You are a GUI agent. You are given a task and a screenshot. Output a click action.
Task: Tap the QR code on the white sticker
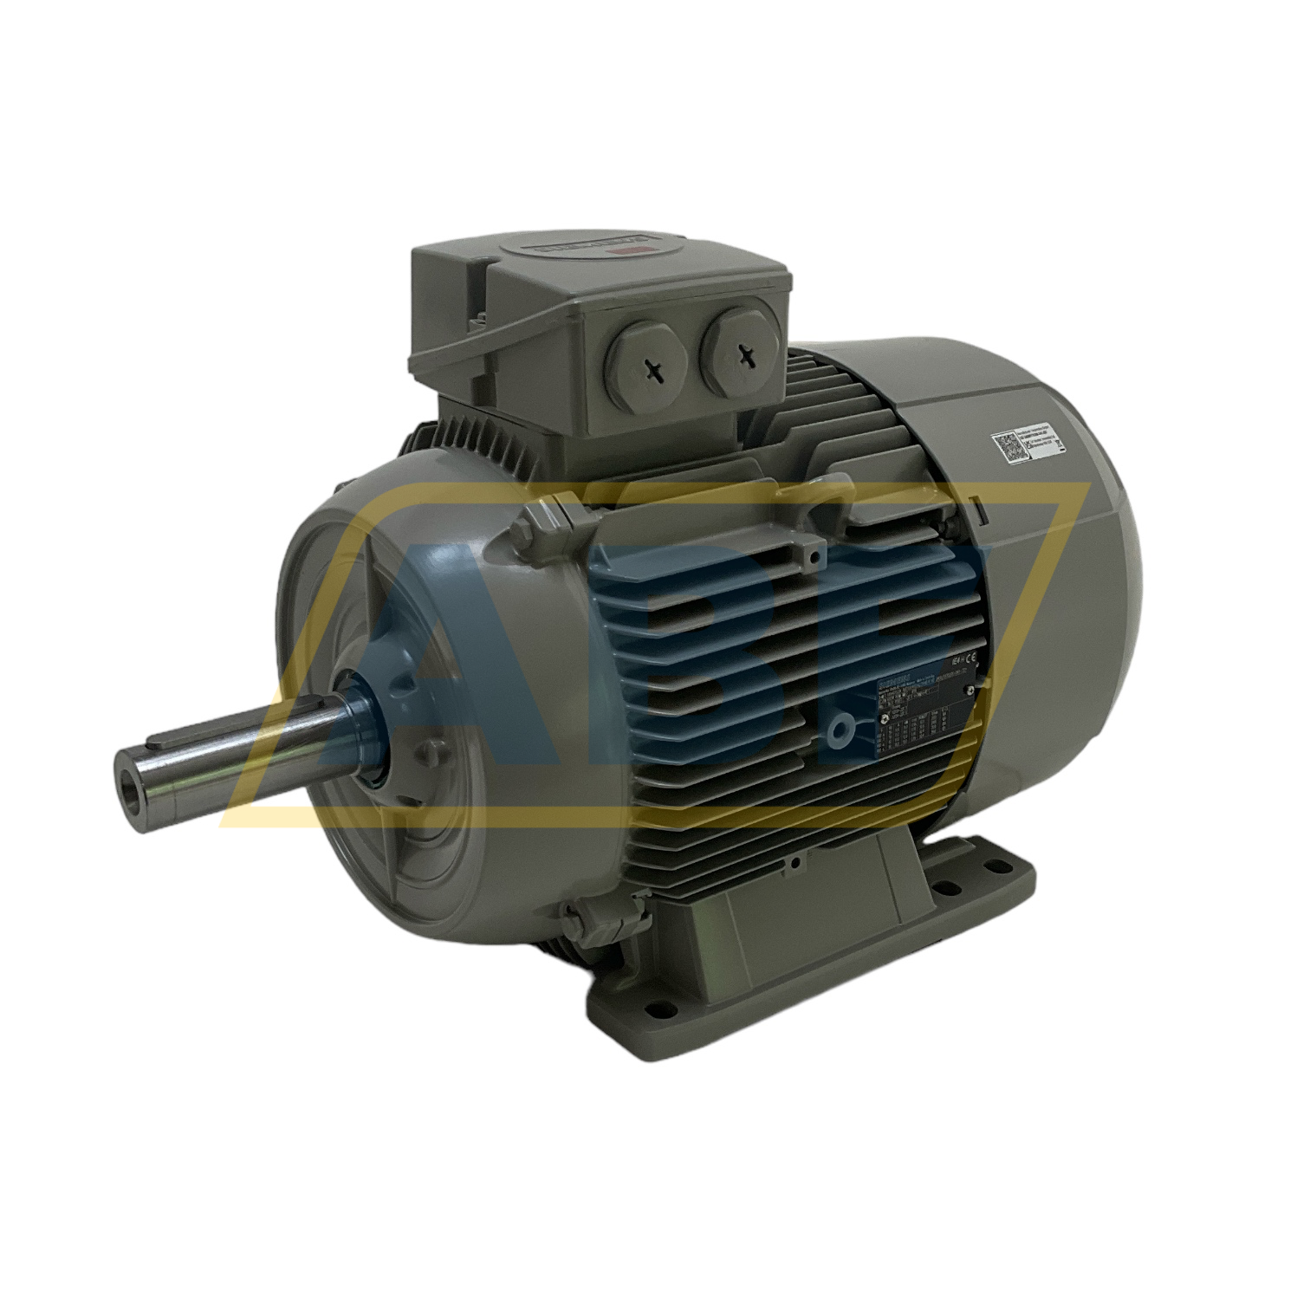click(1008, 447)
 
